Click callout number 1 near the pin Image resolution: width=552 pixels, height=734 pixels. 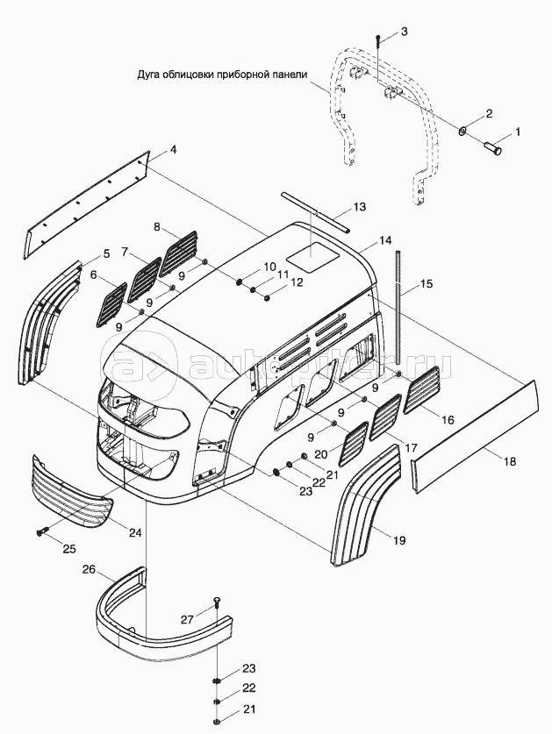pyautogui.click(x=517, y=132)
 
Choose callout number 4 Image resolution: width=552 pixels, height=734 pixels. pyautogui.click(x=173, y=150)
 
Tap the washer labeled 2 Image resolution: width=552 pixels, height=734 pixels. pyautogui.click(x=461, y=132)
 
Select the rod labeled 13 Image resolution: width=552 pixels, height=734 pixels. pyautogui.click(x=317, y=212)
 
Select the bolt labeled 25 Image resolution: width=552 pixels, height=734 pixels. pyautogui.click(x=41, y=531)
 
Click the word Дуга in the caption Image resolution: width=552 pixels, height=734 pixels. pyautogui.click(x=151, y=75)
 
